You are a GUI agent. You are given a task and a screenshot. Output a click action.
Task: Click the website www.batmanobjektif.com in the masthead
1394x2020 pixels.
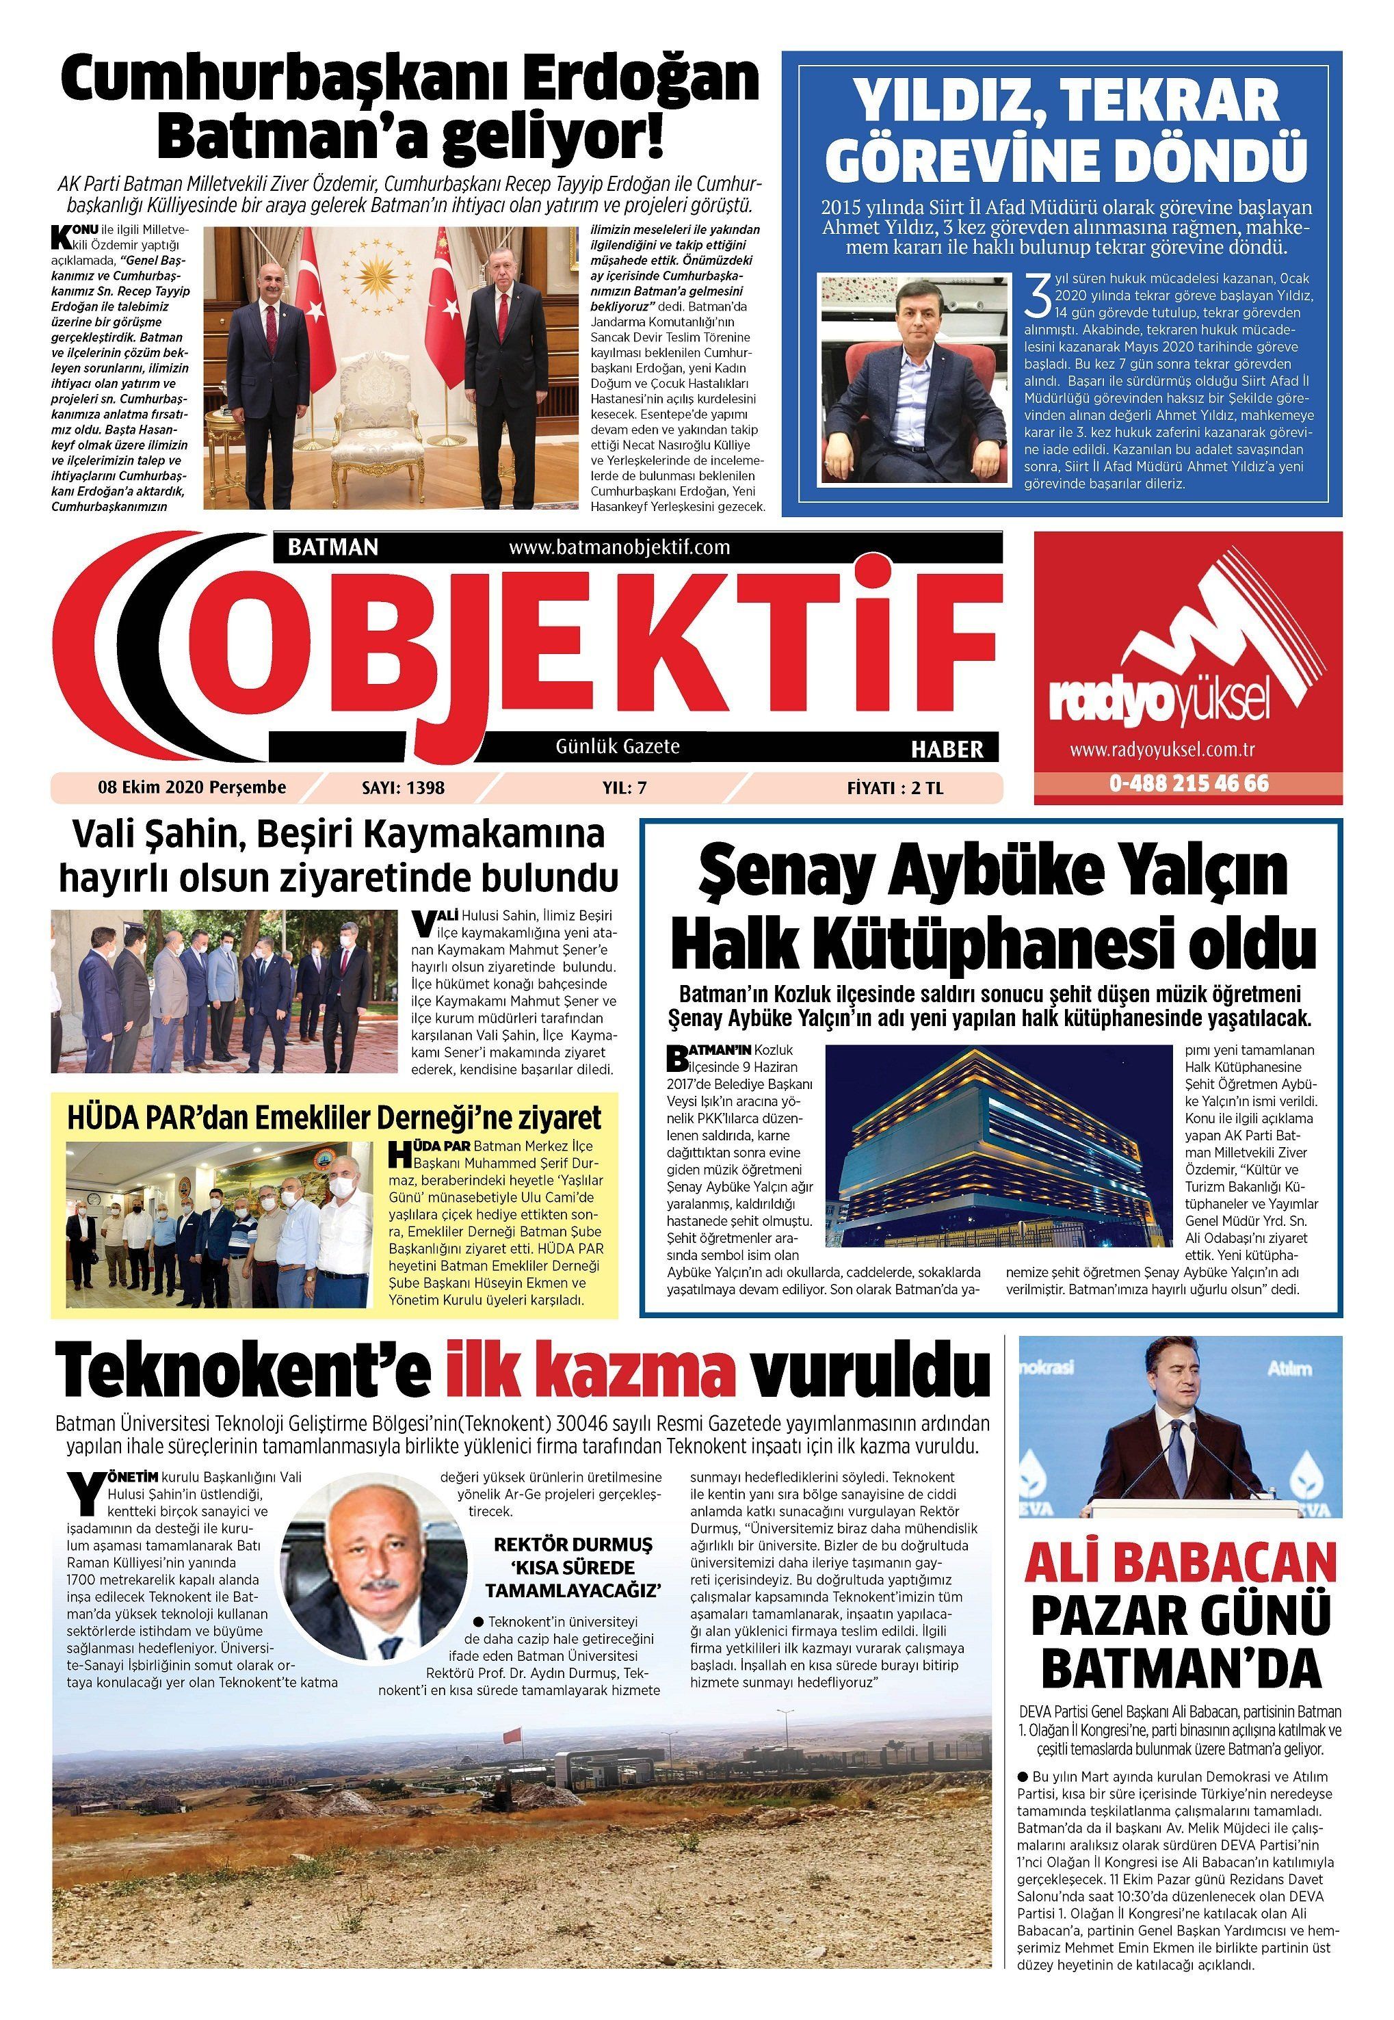pos(618,547)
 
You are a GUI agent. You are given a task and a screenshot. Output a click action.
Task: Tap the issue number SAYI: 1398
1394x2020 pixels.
pos(403,788)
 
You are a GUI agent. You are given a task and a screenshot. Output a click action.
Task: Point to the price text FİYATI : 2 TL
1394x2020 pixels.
pos(895,788)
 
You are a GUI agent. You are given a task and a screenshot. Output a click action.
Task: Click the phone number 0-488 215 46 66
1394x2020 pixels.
pos(1189,783)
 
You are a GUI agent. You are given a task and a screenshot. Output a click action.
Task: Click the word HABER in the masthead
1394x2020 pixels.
pos(947,748)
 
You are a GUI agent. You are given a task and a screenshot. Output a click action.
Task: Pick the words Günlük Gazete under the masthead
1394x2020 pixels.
pos(618,747)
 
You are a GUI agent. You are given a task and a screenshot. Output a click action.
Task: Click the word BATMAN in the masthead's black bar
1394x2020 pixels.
pos(333,547)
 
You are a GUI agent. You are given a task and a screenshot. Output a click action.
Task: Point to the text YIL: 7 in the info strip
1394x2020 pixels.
pos(624,788)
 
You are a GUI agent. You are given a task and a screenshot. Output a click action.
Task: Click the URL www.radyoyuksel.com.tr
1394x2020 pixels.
pos(1161,749)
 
